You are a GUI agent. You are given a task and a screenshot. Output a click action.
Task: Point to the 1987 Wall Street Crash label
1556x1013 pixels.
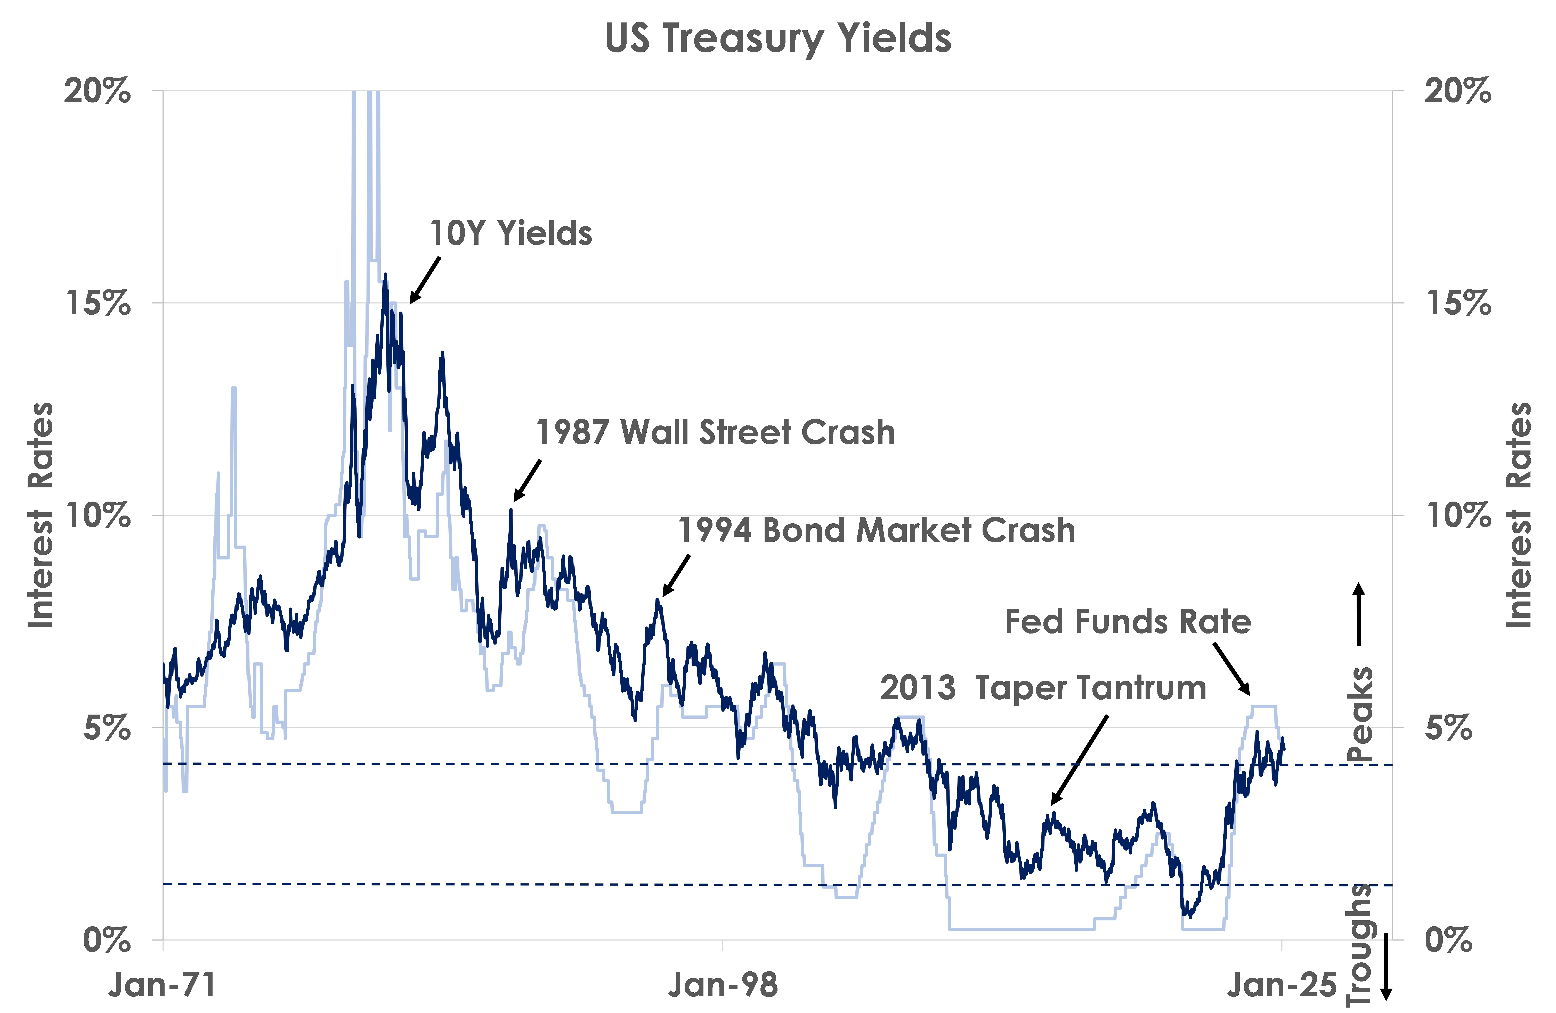(x=715, y=432)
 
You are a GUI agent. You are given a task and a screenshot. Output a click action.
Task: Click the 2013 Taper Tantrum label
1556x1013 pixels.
(x=1043, y=688)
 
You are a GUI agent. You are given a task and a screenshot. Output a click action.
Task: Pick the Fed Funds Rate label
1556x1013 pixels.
(x=1128, y=621)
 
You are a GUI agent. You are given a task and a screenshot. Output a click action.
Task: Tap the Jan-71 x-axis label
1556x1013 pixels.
(x=162, y=985)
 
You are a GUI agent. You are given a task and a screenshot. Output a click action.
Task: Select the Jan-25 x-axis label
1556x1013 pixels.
(x=1281, y=985)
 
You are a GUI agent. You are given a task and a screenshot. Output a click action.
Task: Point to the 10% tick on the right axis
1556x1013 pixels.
(x=1459, y=515)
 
